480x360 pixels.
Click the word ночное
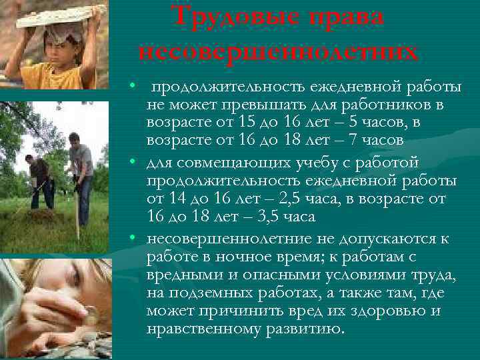click(x=235, y=257)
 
